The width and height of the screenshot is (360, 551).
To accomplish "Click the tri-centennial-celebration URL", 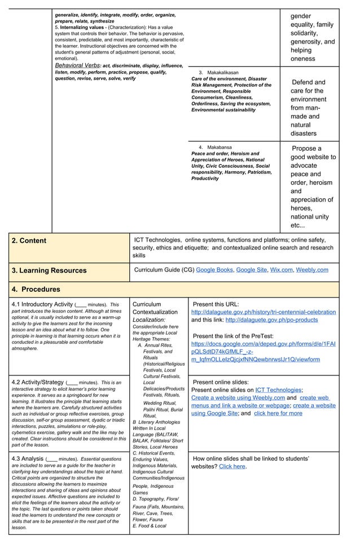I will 264,312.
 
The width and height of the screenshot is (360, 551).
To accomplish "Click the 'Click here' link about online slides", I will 232,466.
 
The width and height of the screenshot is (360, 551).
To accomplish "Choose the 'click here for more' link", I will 278,413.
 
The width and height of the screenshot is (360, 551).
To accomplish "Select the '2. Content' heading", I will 29,240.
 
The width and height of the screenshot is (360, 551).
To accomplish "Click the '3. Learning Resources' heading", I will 49,270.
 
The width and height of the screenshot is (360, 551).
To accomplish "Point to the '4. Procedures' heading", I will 36,289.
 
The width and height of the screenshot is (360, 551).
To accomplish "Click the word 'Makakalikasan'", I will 222,73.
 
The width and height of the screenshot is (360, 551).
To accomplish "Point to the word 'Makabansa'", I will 219,147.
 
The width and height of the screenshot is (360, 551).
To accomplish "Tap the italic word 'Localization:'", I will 148,320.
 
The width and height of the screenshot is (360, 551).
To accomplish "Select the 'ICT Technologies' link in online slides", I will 278,390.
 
